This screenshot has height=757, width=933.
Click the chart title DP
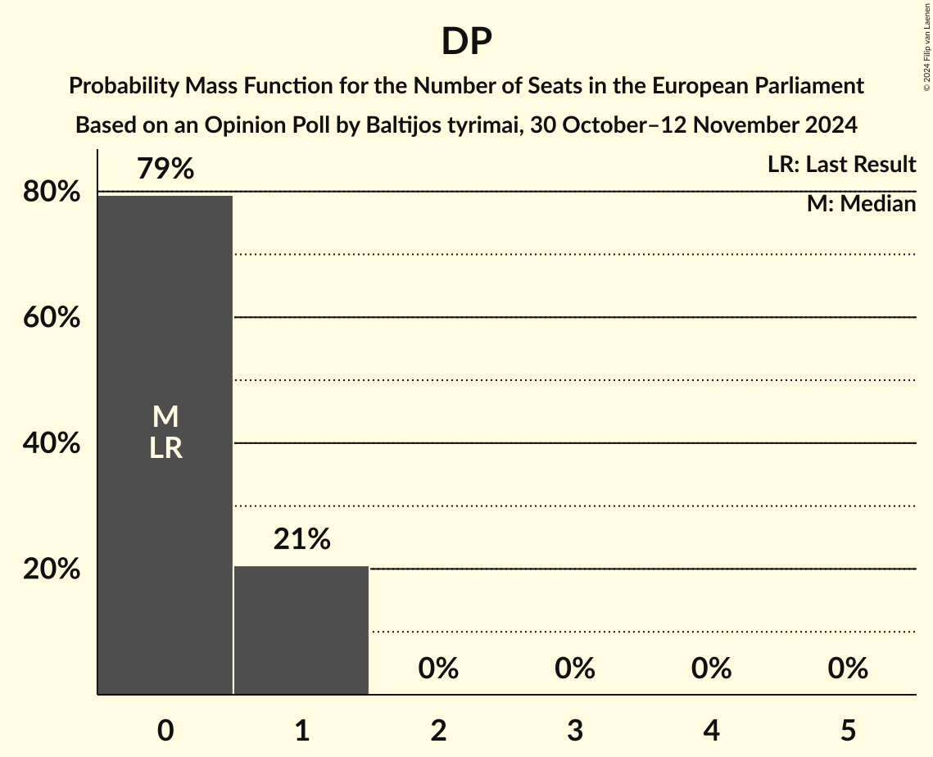[x=466, y=41]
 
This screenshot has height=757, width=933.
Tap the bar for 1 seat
[x=301, y=630]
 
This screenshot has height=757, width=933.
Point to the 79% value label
[x=165, y=170]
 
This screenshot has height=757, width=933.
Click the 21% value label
[x=301, y=540]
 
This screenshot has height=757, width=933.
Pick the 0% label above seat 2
[x=438, y=669]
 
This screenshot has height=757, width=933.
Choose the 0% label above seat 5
[x=847, y=669]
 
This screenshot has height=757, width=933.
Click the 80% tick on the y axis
[x=52, y=193]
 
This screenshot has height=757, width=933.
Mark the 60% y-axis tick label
[x=52, y=318]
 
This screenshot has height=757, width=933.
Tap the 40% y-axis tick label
[x=52, y=444]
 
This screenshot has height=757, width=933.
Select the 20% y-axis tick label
[x=52, y=569]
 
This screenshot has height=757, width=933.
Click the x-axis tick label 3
[x=574, y=731]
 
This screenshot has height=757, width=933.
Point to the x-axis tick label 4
[x=711, y=731]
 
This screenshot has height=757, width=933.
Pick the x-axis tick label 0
[x=165, y=731]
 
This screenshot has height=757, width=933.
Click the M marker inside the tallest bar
[x=165, y=417]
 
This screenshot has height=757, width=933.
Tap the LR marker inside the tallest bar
[x=165, y=448]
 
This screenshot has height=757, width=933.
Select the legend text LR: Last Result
[x=841, y=165]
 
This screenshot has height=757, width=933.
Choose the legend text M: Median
[x=861, y=204]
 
